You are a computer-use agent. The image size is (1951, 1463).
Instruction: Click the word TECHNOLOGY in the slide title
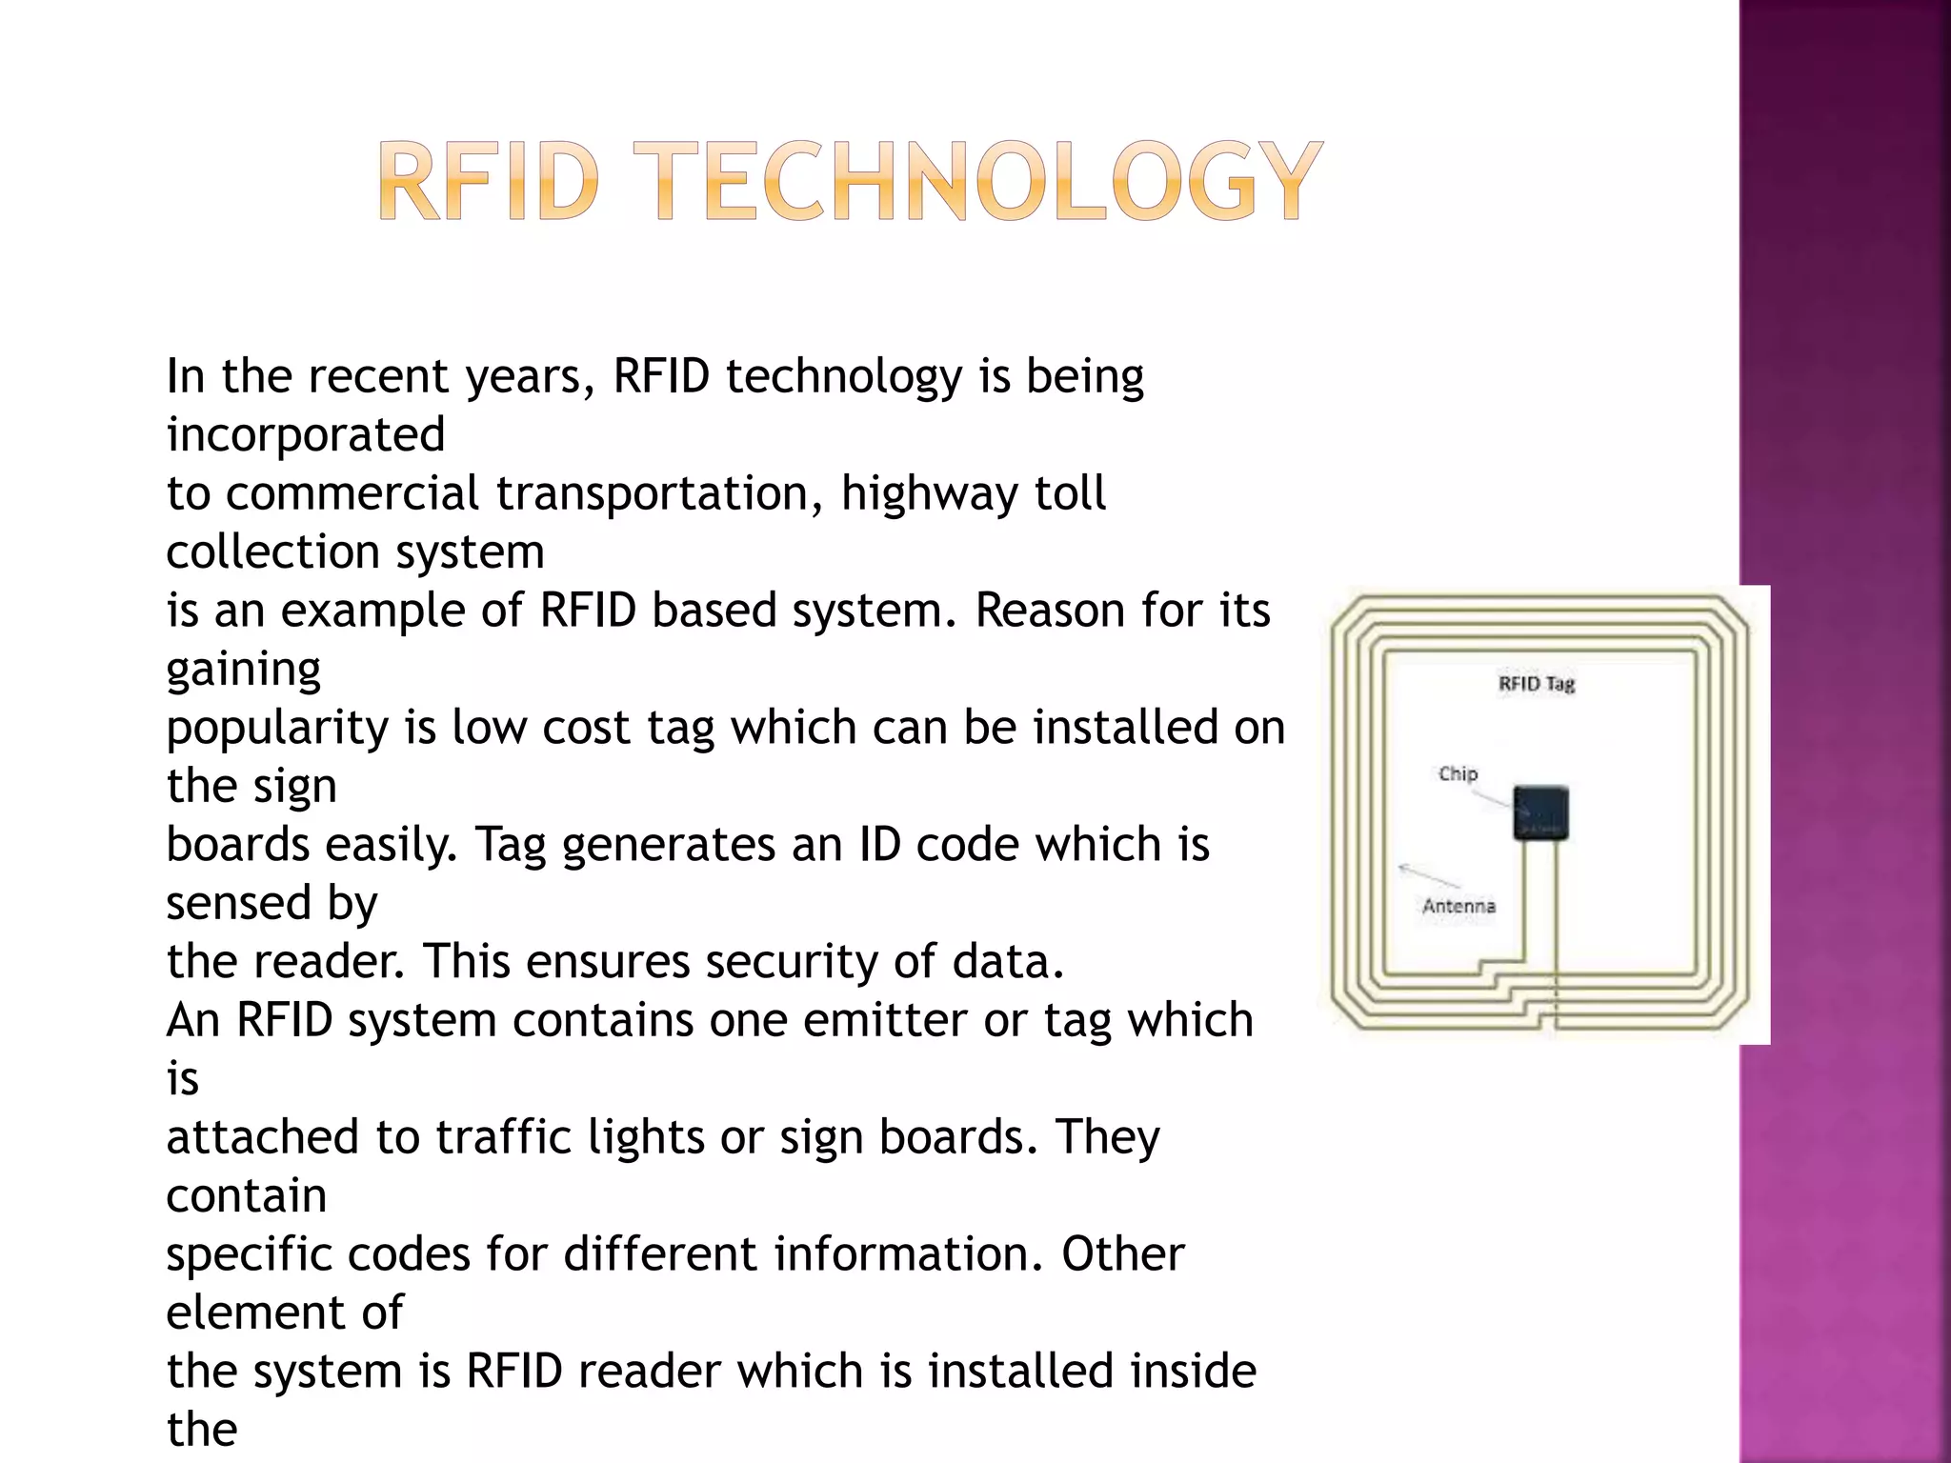[988, 181]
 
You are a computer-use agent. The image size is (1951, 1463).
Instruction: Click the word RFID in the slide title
[489, 181]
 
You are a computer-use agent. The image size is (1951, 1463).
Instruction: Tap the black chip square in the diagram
[1540, 812]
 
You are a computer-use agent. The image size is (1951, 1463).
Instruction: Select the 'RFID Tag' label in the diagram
[1536, 684]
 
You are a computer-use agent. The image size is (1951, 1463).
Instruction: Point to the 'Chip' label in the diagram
[1458, 773]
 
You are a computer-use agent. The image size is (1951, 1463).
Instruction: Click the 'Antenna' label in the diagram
[1458, 906]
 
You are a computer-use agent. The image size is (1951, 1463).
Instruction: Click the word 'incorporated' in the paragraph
[306, 435]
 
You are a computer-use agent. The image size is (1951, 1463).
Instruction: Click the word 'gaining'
[243, 670]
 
